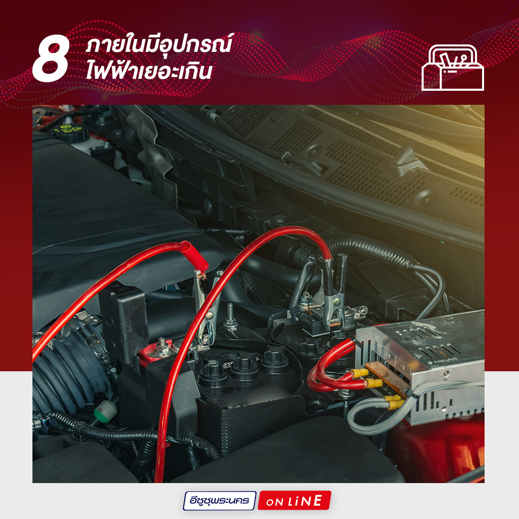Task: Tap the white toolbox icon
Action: point(453,67)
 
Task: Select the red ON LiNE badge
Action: point(294,501)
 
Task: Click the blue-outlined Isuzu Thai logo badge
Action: point(220,501)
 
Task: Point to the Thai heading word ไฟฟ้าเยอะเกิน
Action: point(149,70)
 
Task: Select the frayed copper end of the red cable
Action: point(201,274)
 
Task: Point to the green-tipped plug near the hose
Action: point(105,410)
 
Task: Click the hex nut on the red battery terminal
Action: point(162,346)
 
